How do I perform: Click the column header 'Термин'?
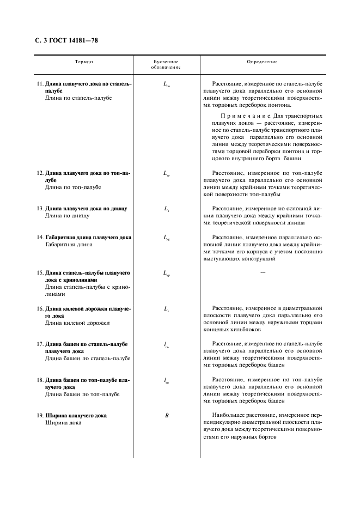click(84, 62)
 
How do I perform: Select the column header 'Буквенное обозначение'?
click(166, 65)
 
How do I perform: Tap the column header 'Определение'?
click(262, 62)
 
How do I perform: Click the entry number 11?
click(40, 84)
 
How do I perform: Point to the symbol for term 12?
click(167, 174)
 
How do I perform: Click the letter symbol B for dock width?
click(167, 416)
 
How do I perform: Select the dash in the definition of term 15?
click(263, 272)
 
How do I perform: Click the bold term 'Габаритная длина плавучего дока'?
click(88, 238)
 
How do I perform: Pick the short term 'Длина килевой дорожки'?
click(77, 323)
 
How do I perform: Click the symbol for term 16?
click(167, 309)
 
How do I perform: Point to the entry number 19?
click(40, 416)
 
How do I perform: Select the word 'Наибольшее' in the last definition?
click(231, 416)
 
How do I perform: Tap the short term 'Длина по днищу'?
click(68, 216)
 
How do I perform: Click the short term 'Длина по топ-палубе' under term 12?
click(73, 187)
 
